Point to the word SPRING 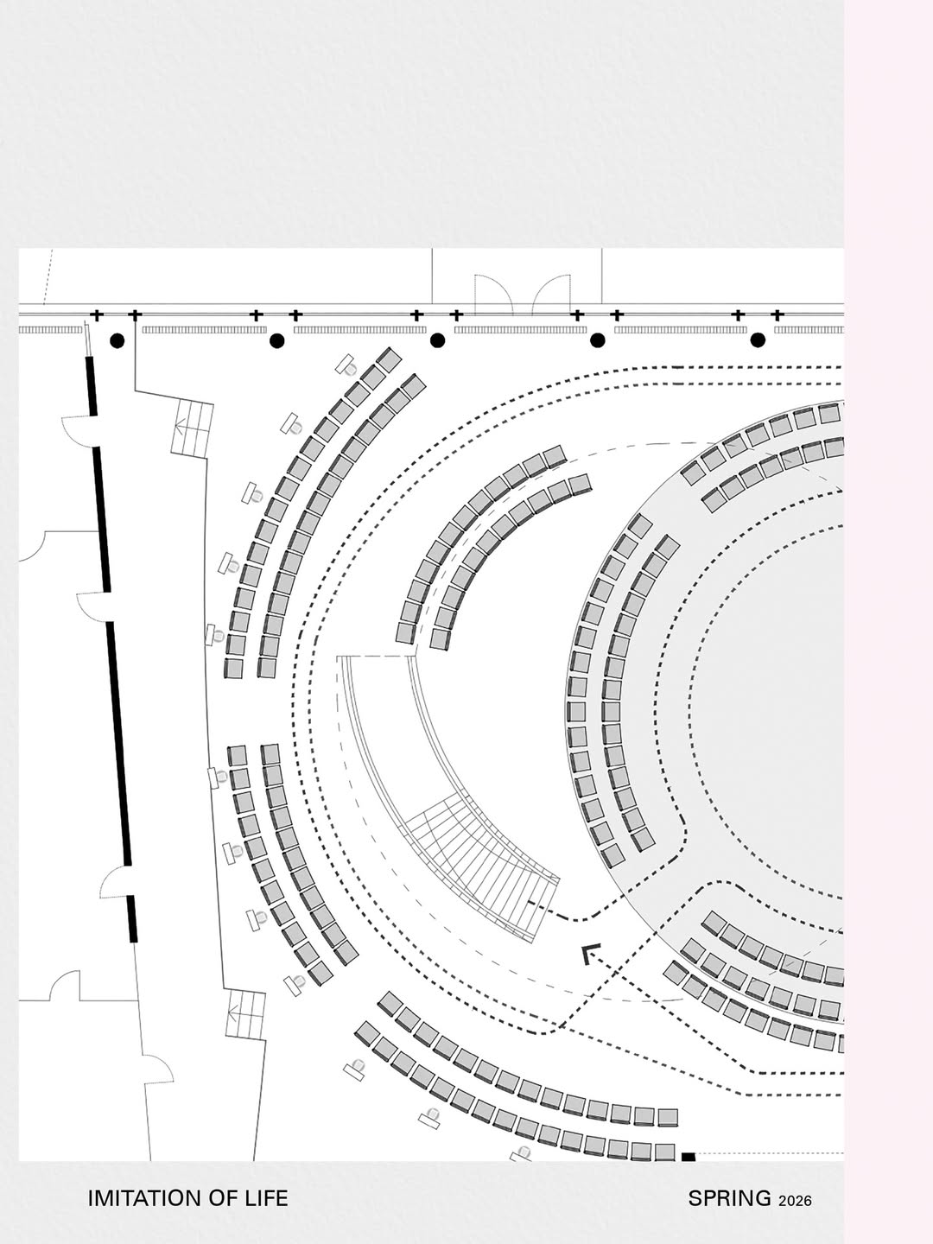tap(730, 1198)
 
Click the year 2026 tap(796, 1200)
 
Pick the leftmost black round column tap(117, 340)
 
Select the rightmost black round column tap(758, 340)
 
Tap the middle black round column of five tap(437, 340)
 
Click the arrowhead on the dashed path tap(590, 954)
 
